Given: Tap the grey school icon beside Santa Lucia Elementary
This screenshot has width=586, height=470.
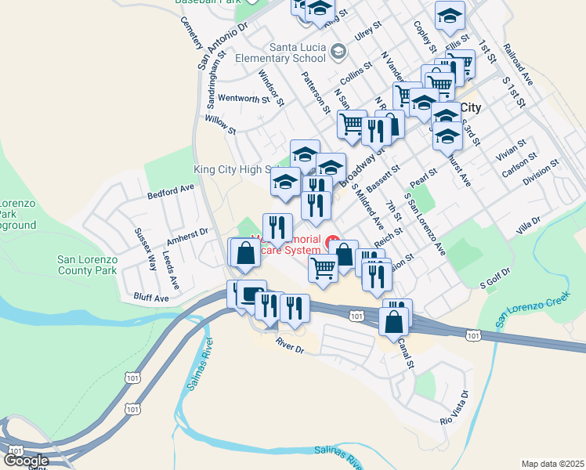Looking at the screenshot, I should click(338, 52).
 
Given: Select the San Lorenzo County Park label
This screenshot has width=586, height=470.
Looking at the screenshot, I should click(87, 265).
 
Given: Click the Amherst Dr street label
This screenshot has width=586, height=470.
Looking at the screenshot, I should click(191, 233).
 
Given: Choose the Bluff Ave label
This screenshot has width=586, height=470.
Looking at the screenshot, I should click(151, 298).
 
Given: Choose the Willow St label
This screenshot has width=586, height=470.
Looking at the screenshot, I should click(220, 124).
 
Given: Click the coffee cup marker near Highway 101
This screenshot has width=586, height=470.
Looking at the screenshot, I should click(251, 295).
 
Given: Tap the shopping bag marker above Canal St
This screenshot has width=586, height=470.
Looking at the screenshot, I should click(393, 320).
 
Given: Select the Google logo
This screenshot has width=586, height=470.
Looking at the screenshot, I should click(26, 461).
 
